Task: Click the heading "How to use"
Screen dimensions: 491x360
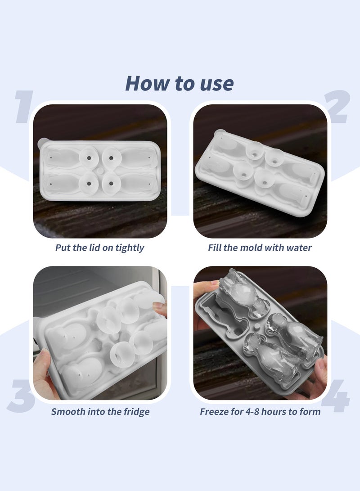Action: pyautogui.click(x=179, y=83)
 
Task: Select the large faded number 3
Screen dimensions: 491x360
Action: pyautogui.click(x=21, y=396)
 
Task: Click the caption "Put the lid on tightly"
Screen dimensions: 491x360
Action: pyautogui.click(x=99, y=248)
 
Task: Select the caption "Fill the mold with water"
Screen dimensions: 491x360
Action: pyautogui.click(x=260, y=248)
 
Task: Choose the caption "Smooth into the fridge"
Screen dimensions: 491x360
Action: pyautogui.click(x=100, y=411)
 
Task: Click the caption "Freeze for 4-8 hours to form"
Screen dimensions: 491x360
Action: pyautogui.click(x=260, y=411)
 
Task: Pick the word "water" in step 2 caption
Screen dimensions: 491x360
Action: pyautogui.click(x=298, y=248)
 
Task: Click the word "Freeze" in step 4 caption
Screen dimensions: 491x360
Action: pyautogui.click(x=214, y=411)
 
